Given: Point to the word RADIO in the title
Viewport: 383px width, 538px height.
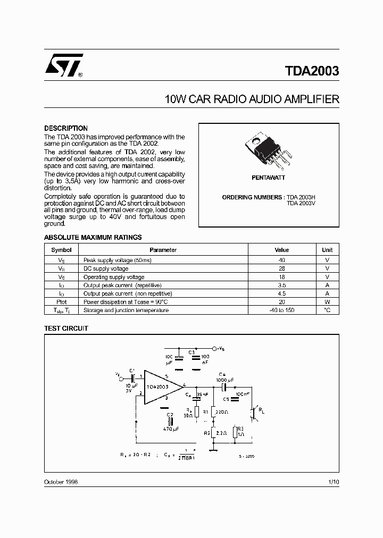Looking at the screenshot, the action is pos(228,99).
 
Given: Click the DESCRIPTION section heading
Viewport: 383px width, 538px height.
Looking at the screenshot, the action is pos(65,129).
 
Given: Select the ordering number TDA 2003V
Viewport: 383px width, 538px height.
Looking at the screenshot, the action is pos(301,204).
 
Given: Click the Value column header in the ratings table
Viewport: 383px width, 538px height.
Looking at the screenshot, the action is pos(281,250).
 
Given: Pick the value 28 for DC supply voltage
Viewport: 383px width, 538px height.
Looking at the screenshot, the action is pos(281,268).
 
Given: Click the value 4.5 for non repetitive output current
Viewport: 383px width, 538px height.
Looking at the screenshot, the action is pos(281,293).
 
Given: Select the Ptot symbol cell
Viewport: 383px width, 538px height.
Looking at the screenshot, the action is pos(62,301).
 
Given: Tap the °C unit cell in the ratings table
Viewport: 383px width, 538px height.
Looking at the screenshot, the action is pos(327,310).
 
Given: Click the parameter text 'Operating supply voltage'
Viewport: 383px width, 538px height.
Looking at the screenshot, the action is pos(113,277).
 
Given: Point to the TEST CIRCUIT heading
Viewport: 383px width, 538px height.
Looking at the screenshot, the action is pos(65,329).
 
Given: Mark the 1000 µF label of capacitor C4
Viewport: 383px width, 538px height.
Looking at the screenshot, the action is pos(225,380).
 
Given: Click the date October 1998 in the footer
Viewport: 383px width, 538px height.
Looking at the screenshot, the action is pos(61,482).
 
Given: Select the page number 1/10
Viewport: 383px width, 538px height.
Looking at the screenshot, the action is pos(333,482).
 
